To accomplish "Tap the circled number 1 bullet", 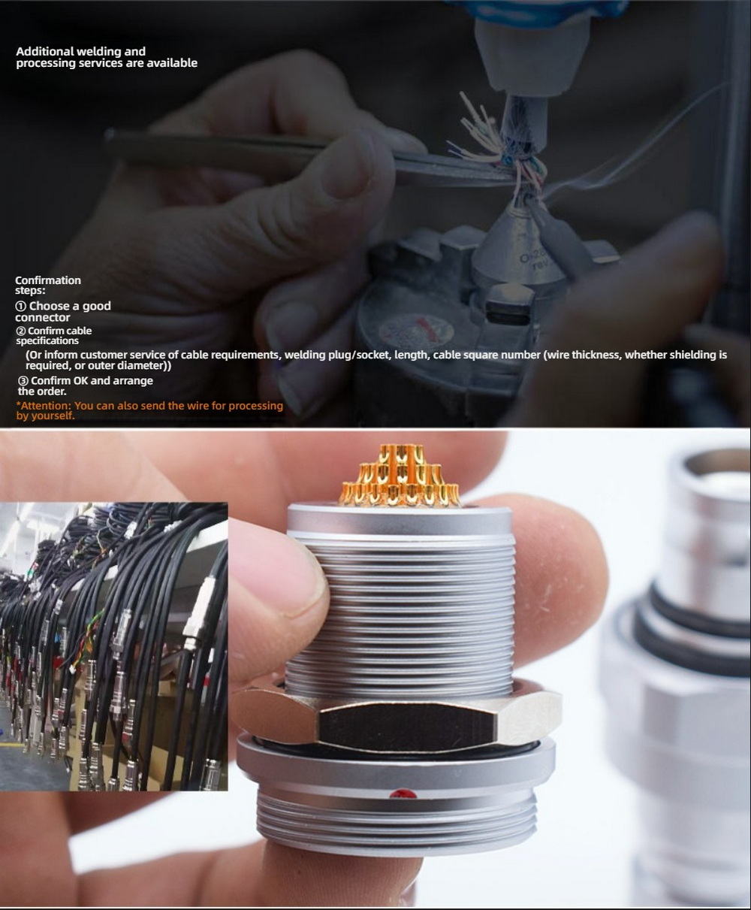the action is click(x=20, y=306).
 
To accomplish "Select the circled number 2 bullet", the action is click(x=20, y=331).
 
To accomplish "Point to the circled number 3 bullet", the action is click(x=23, y=380).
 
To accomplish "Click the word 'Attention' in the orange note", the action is click(x=44, y=405).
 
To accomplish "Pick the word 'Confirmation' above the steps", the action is click(x=48, y=280).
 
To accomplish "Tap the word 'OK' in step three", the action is click(x=80, y=380).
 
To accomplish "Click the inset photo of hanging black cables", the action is click(x=113, y=647).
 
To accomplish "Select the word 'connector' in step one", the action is click(x=42, y=317).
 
